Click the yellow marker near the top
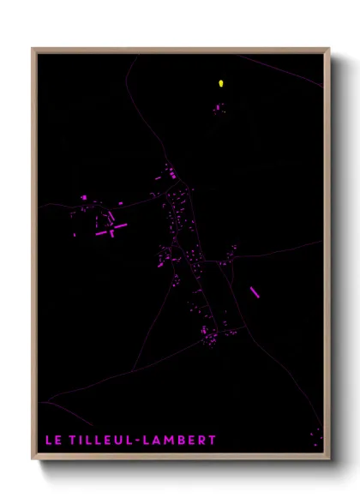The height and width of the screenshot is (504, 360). coord(221,83)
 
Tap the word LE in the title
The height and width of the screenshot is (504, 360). coord(53,441)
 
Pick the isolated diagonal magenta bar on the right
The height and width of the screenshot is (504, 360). coord(255,292)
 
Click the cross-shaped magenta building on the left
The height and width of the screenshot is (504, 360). coord(112,229)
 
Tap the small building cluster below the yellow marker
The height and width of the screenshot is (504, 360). coord(219,108)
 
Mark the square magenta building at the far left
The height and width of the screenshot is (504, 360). coord(84,197)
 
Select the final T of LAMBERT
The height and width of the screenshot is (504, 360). coord(213,441)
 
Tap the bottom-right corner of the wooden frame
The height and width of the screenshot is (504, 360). coord(329,459)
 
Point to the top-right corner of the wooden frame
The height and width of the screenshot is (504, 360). coord(329,49)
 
